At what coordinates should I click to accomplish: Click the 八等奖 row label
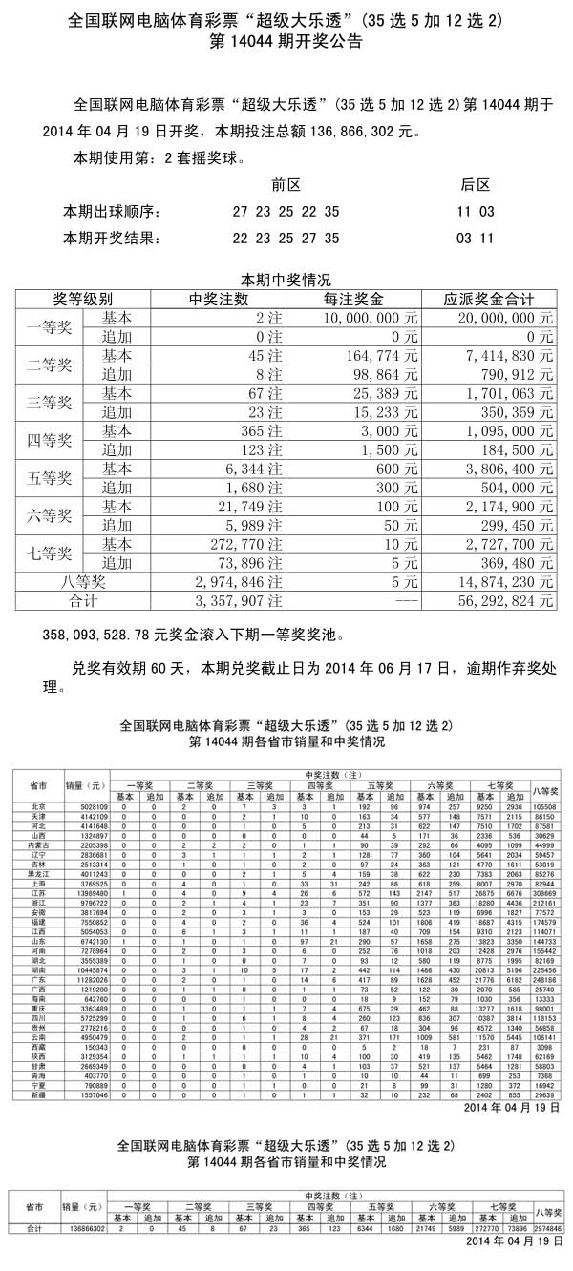click(x=83, y=580)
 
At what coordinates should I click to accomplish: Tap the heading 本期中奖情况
click(x=286, y=281)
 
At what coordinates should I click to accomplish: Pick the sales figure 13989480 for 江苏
click(x=93, y=893)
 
